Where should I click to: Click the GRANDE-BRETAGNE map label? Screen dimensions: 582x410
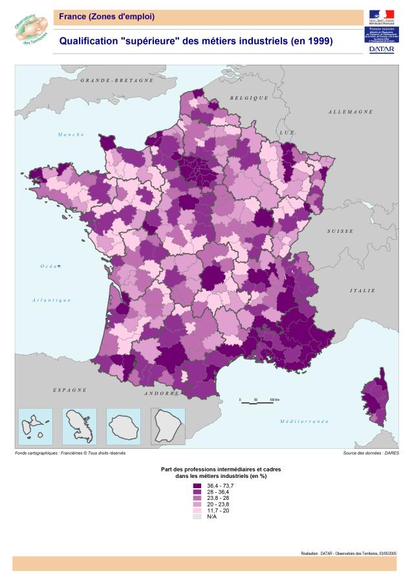coord(117,81)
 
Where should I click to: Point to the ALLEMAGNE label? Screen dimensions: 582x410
coord(350,112)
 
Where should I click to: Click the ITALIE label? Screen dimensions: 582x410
coord(362,291)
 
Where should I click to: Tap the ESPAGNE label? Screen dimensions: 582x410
coord(69,390)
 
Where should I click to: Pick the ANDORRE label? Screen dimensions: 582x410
coord(162,393)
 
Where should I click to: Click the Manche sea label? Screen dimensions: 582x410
coord(71,135)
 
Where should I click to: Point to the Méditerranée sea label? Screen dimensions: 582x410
coord(304,421)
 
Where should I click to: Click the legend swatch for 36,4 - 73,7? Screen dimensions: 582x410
coord(197,486)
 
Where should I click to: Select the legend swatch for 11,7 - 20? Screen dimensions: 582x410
coord(197,510)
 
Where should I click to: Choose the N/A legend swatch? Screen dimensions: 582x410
coord(197,517)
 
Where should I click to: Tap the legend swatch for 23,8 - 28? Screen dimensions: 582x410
coord(197,498)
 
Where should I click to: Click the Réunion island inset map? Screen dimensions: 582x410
coord(124,426)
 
